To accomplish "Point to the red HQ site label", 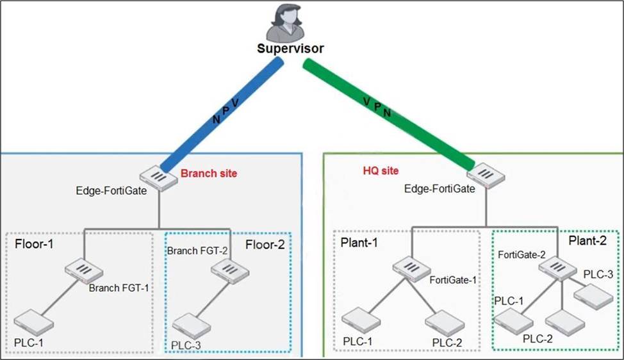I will (381, 171).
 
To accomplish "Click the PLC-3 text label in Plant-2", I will (598, 274).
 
